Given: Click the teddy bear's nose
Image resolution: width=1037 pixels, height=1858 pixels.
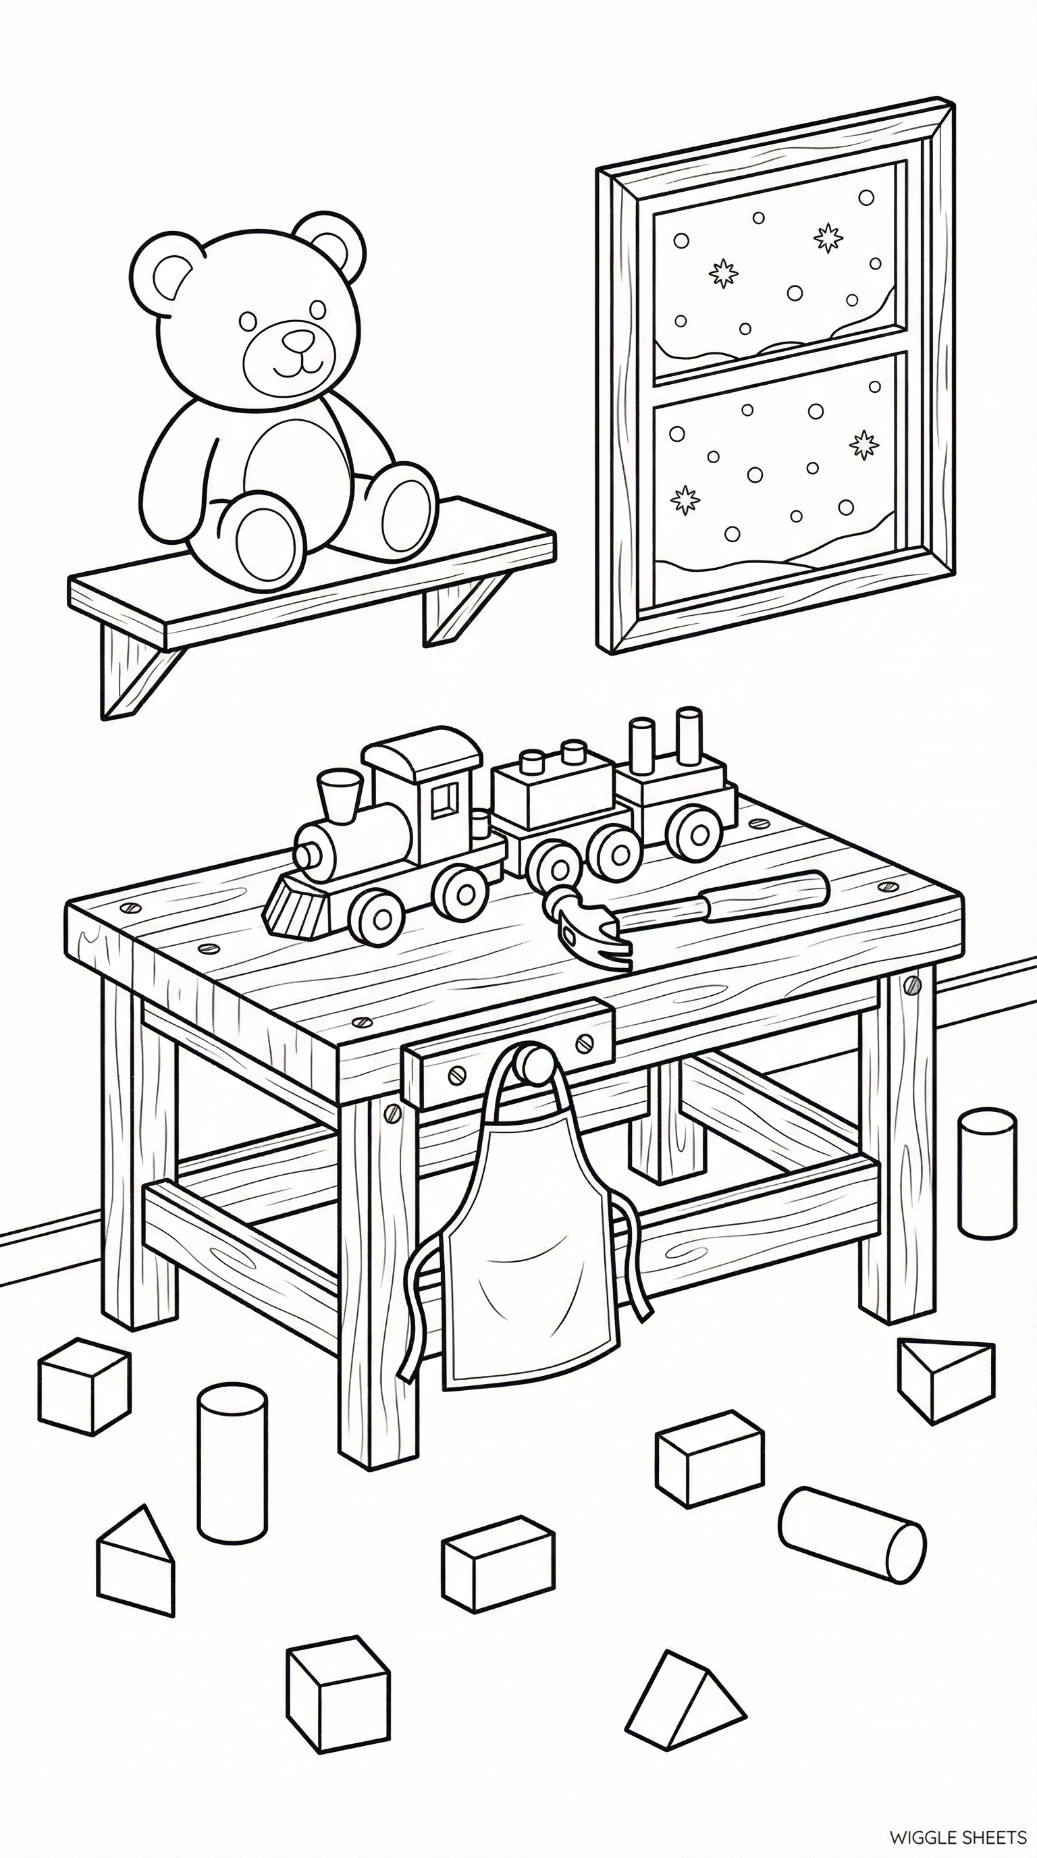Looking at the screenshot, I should (x=296, y=339).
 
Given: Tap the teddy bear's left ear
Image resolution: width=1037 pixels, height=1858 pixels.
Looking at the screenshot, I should (x=170, y=277).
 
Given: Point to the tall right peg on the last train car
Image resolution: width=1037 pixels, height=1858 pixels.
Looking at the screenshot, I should (x=689, y=736).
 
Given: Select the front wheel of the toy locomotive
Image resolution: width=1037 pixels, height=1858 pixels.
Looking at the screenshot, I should (x=379, y=915).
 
